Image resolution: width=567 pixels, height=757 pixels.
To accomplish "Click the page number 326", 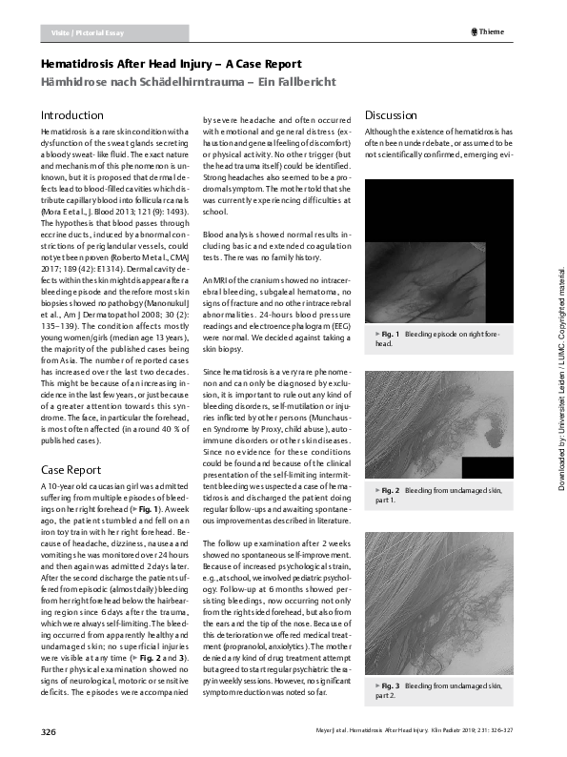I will coord(49,731).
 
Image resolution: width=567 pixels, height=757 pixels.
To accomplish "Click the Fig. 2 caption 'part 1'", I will coord(439,493).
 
